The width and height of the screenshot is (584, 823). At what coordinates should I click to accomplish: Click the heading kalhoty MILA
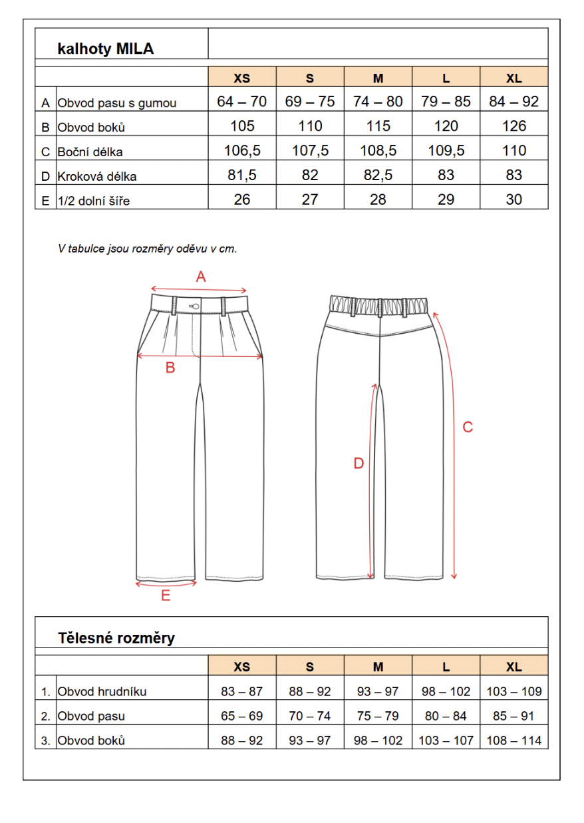pos(106,49)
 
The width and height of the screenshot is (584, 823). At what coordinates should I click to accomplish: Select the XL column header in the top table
pos(513,78)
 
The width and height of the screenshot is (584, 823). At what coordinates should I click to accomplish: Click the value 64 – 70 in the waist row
pos(242,102)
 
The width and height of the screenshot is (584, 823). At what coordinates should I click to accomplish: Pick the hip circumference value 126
pos(513,126)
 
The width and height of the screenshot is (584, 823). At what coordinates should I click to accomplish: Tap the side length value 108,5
pos(378,151)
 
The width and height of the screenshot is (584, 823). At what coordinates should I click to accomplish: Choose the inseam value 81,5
pos(242,176)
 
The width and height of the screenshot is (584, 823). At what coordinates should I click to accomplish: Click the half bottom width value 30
pos(513,200)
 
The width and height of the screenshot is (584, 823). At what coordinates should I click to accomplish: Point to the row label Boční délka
pos(90,152)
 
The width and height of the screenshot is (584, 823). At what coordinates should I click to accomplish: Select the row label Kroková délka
pos(96,177)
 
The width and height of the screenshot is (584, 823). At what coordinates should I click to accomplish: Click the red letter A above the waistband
pos(201,277)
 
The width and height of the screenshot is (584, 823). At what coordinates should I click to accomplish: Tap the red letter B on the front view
pos(170,368)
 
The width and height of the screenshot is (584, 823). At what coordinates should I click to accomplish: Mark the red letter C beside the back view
pos(468,427)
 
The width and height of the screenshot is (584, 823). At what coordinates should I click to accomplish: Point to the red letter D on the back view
pos(359,464)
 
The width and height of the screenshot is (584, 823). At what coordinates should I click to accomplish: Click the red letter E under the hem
pos(166,596)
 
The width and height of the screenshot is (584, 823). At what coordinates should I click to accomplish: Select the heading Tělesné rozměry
pos(116,638)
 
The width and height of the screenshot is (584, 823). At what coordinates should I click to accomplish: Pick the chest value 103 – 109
pos(513,691)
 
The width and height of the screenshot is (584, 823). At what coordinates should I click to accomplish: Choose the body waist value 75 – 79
pos(378,717)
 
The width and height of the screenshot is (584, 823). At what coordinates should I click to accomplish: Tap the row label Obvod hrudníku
pos(102,692)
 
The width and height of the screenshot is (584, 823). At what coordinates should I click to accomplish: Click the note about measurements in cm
pos(148,249)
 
